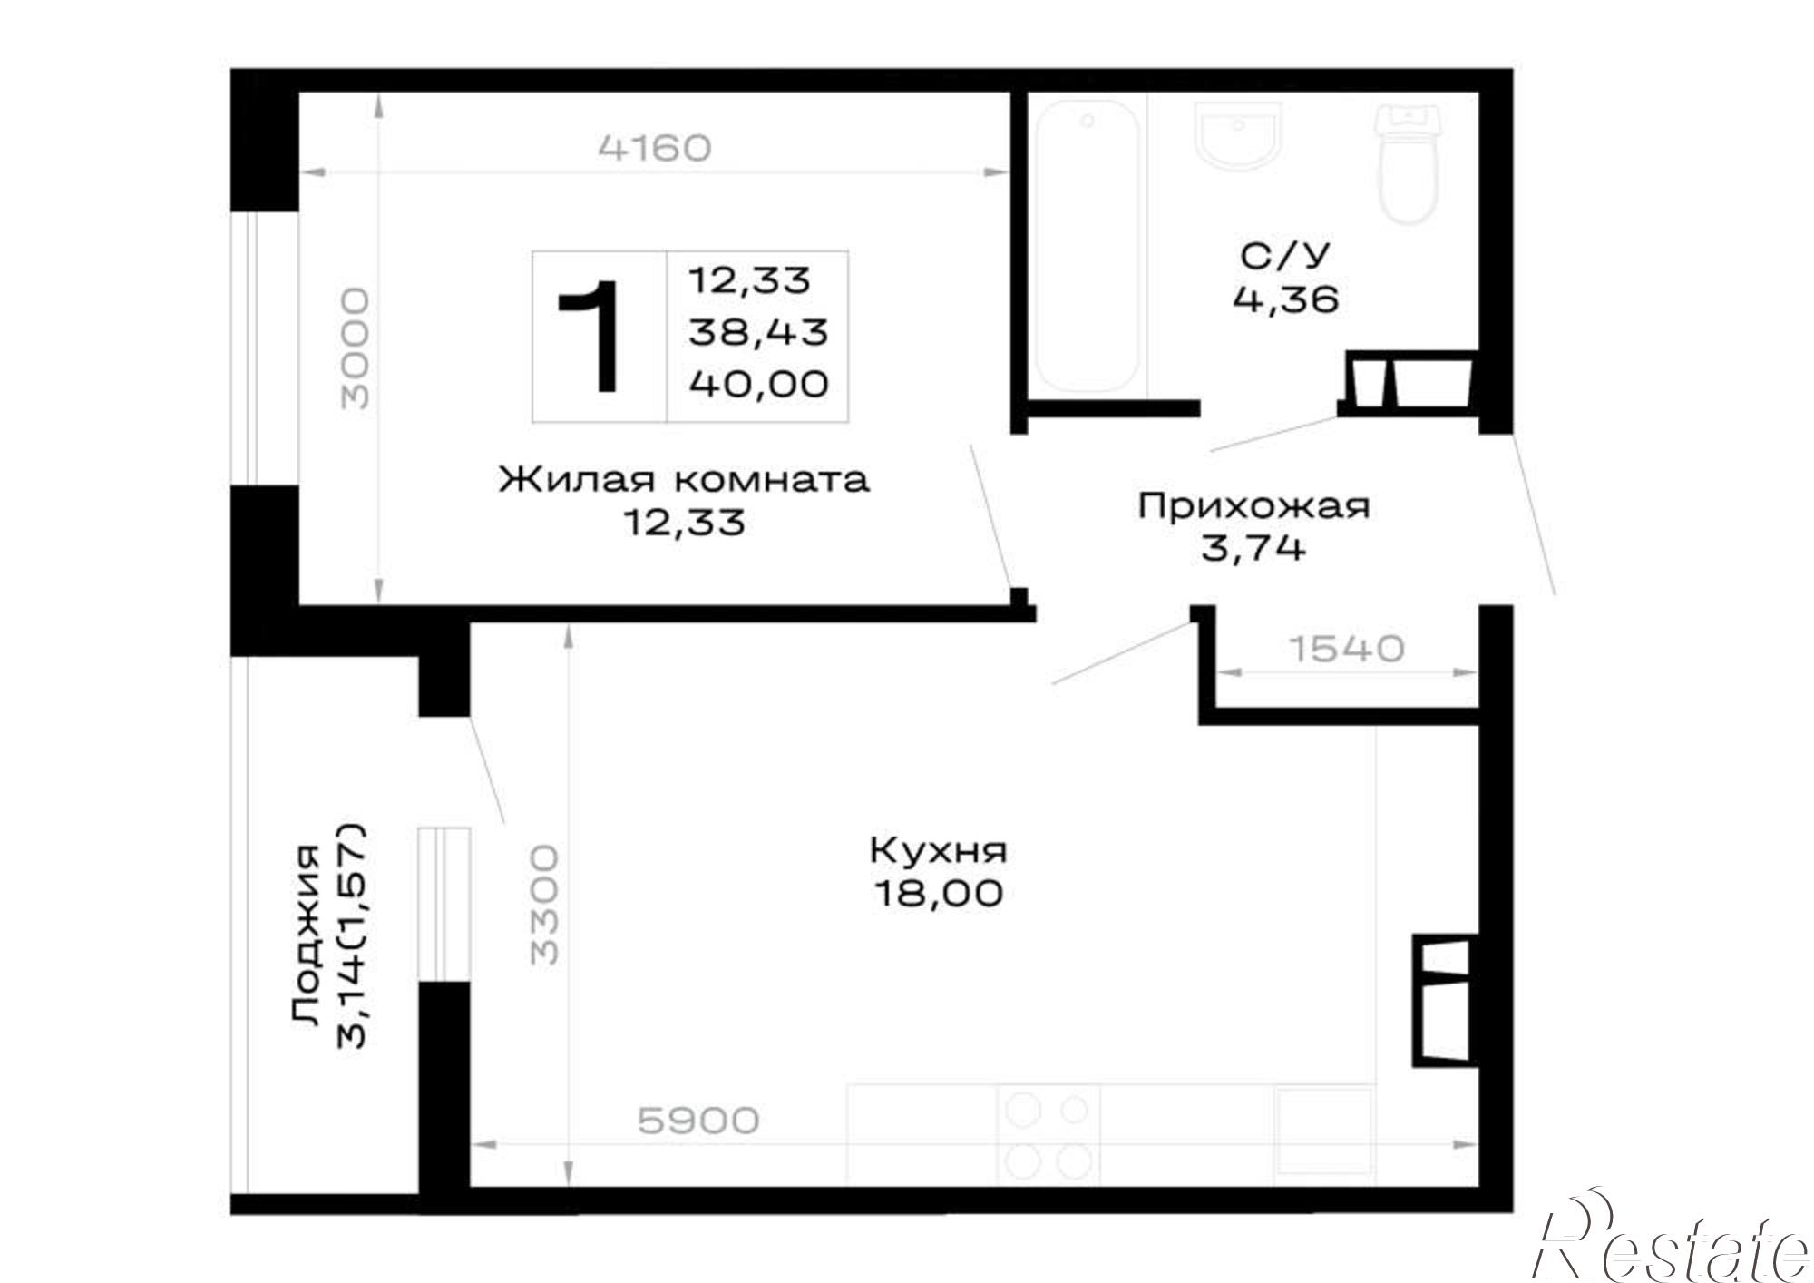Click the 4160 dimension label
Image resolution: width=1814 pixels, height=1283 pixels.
tap(655, 147)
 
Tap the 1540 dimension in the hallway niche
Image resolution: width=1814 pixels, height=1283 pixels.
tap(1346, 648)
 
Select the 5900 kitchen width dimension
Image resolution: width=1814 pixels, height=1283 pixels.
tap(698, 1121)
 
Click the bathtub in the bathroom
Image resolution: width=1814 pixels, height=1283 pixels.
tap(1087, 247)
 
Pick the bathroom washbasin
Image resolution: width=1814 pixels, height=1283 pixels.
tap(1239, 135)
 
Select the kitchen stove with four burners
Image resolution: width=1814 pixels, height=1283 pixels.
tap(1048, 1134)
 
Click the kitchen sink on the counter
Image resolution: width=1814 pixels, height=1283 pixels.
tap(1323, 1134)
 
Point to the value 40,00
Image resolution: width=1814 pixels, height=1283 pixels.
tap(759, 384)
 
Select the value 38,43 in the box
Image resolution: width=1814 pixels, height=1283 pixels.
tap(758, 332)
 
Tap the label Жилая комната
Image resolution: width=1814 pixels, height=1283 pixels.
tap(684, 478)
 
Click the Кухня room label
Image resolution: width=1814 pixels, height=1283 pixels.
tap(938, 852)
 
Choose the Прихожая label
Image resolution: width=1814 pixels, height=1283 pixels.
tap(1253, 505)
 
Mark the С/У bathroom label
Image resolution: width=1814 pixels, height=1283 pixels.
tap(1284, 257)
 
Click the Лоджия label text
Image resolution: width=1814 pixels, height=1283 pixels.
tap(306, 935)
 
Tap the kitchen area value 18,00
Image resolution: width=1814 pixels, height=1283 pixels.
tap(939, 894)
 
